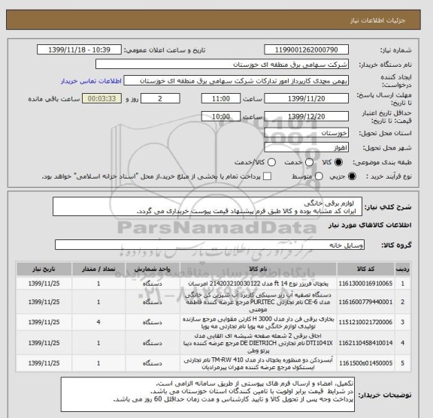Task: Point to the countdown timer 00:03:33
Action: click(x=97, y=98)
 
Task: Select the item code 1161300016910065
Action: click(x=381, y=283)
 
